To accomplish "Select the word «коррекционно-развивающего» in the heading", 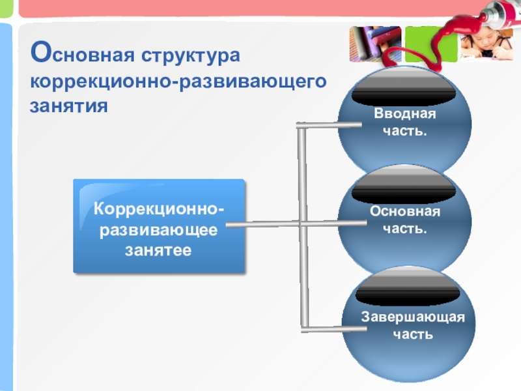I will point(177,82).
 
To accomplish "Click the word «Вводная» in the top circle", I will point(404,114).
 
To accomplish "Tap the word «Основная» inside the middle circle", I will point(405,212).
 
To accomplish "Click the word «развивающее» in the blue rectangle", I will point(159,230).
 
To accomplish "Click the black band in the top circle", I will point(404,92).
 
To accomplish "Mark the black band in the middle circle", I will point(404,190).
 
